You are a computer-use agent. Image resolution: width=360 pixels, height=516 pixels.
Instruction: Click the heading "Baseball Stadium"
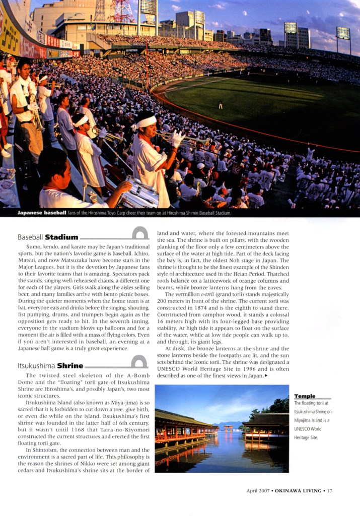(48, 237)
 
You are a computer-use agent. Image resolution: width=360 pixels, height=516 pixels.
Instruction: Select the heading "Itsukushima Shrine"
(50, 366)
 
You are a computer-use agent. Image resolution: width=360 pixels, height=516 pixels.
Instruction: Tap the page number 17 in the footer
(329, 490)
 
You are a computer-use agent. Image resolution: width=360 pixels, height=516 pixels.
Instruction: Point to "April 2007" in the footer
(258, 490)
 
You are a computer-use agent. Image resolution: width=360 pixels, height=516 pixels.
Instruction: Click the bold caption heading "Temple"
(305, 396)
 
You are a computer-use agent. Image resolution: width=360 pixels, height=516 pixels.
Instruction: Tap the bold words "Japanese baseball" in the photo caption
(42, 213)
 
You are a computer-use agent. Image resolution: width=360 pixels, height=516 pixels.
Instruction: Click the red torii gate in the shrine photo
(229, 428)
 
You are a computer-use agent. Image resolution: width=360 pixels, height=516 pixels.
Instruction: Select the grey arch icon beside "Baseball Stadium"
(140, 233)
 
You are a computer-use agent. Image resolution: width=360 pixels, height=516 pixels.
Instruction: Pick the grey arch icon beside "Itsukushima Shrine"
(139, 362)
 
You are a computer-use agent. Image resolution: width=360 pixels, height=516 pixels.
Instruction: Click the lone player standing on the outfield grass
(221, 105)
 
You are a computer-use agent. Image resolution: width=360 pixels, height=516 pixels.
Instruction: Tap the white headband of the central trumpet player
(147, 121)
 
